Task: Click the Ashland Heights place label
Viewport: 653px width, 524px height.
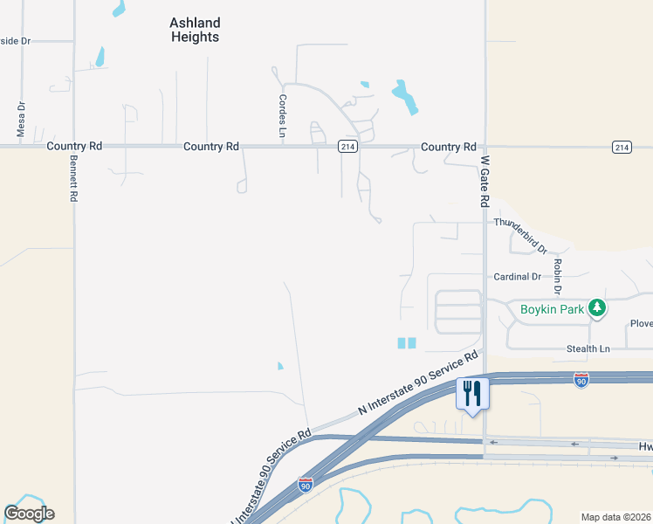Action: coord(195,30)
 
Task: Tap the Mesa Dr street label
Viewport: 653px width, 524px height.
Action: coord(21,119)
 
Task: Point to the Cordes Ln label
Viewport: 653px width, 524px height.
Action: coord(283,116)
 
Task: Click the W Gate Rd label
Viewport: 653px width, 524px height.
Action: coord(485,182)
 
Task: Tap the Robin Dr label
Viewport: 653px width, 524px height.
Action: coord(556,276)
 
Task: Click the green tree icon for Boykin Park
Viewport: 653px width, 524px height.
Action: coord(597,307)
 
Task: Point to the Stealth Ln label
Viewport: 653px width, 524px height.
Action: coord(588,349)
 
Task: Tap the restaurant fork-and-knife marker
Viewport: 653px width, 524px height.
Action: coord(472,393)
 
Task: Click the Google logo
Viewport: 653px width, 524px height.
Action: coord(29,514)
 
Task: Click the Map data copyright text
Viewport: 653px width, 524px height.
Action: coord(616,517)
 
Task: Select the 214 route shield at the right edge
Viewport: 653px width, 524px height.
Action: coord(622,147)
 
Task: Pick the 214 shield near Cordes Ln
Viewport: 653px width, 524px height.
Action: coord(347,147)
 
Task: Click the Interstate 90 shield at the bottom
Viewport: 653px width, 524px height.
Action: coord(306,483)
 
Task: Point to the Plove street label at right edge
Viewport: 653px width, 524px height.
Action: coord(641,324)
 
